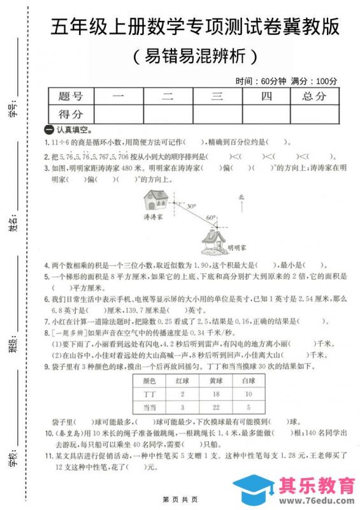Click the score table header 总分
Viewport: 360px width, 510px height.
point(314,96)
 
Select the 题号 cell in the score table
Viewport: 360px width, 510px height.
point(71,96)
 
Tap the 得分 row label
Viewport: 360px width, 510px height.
point(71,114)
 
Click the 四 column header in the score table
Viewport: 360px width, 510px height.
point(266,96)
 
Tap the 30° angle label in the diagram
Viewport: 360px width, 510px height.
point(191,207)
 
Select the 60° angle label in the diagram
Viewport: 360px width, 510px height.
point(211,217)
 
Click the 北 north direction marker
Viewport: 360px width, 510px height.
point(241,198)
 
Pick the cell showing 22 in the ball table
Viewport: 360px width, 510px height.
point(216,407)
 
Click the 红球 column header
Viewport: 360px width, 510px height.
point(182,381)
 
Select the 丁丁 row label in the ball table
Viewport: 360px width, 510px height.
point(149,394)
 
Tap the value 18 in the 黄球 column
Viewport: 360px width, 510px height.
point(216,394)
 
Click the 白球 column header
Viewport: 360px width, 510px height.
point(248,381)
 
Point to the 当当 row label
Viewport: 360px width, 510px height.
point(149,407)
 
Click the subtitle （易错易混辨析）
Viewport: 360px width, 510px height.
point(196,56)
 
